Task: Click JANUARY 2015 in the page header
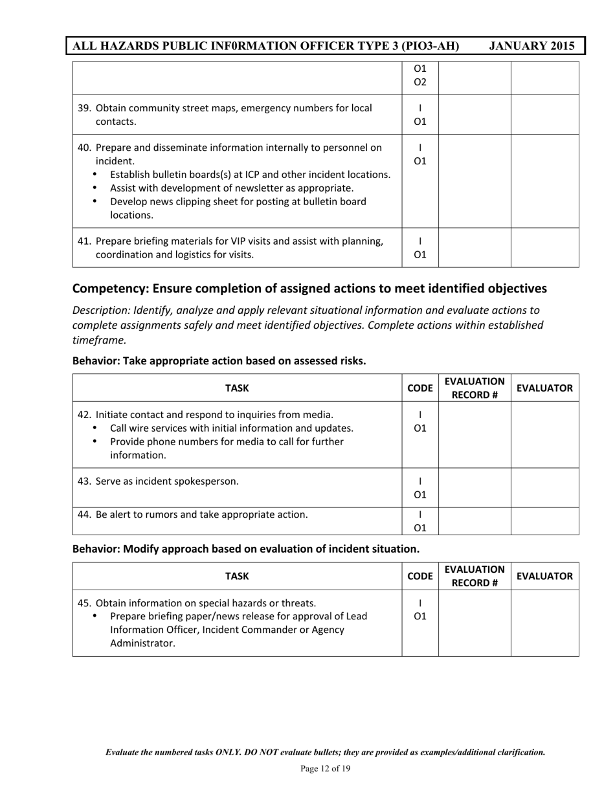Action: tap(531, 46)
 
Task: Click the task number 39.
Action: tap(84, 108)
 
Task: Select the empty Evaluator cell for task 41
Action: tap(544, 247)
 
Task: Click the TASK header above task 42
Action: tap(237, 388)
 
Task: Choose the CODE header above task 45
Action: tap(420, 576)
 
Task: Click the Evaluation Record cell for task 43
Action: tap(475, 488)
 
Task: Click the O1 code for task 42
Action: tap(420, 428)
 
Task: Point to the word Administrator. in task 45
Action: tap(142, 643)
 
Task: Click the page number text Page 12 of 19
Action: tap(326, 769)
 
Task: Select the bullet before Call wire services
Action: tap(96, 428)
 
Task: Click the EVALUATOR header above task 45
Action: tap(544, 576)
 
